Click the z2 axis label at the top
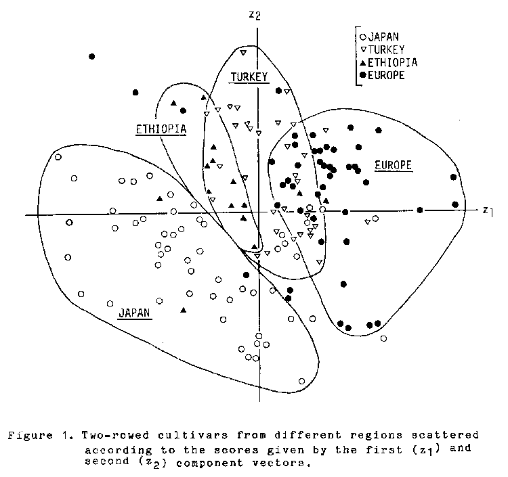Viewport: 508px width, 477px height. (x=254, y=15)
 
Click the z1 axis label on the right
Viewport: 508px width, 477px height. (x=488, y=211)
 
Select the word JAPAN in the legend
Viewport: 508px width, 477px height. (x=383, y=37)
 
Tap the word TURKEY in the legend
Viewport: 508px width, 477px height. (x=387, y=49)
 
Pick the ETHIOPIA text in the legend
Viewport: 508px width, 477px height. (x=393, y=62)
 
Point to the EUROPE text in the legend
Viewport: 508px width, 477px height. (x=386, y=75)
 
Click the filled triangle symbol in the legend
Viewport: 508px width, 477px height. (x=363, y=62)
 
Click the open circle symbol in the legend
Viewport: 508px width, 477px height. (x=363, y=37)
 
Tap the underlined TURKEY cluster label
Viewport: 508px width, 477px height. (x=249, y=77)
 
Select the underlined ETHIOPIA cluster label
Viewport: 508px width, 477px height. (x=161, y=129)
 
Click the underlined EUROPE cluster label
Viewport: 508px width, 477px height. (x=394, y=165)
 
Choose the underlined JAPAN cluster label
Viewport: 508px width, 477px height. (x=135, y=313)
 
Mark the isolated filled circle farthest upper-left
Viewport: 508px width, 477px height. (x=91, y=57)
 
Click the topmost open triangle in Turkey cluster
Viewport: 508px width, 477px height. (x=243, y=52)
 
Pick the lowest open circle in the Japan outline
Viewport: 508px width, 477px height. (x=301, y=381)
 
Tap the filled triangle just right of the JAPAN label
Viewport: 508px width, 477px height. (x=184, y=310)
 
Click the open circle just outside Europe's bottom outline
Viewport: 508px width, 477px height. (x=383, y=338)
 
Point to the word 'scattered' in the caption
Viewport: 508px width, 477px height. (x=445, y=435)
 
